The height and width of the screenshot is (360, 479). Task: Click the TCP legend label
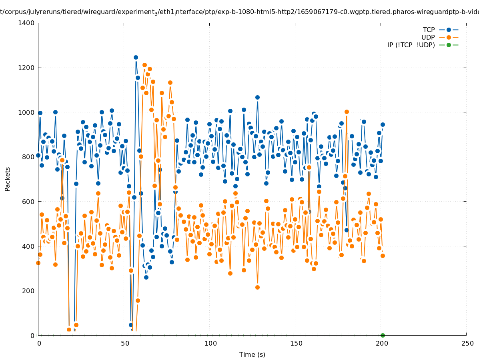tap(429, 30)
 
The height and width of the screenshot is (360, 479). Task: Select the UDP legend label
tap(428, 38)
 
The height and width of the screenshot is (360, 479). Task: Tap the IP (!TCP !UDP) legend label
tap(411, 45)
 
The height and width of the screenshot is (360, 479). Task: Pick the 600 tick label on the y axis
tap(28, 202)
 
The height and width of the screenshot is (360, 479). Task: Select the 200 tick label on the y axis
tap(28, 291)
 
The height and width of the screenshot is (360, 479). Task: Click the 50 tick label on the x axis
tap(125, 343)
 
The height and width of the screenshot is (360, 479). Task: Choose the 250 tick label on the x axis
tap(467, 343)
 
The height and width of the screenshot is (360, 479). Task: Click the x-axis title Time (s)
tap(252, 355)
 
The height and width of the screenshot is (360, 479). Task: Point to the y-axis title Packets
tap(8, 179)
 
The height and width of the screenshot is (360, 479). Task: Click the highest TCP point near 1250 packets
tap(136, 58)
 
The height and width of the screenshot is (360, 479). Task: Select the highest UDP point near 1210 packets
tap(144, 65)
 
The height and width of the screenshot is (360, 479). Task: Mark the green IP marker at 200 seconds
tap(383, 335)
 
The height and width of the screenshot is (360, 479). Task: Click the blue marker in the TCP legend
tap(449, 30)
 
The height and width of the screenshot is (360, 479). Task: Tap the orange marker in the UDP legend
tap(449, 38)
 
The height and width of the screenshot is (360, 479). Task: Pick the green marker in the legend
tap(449, 45)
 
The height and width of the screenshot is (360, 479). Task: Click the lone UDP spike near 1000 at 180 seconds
tap(347, 112)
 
